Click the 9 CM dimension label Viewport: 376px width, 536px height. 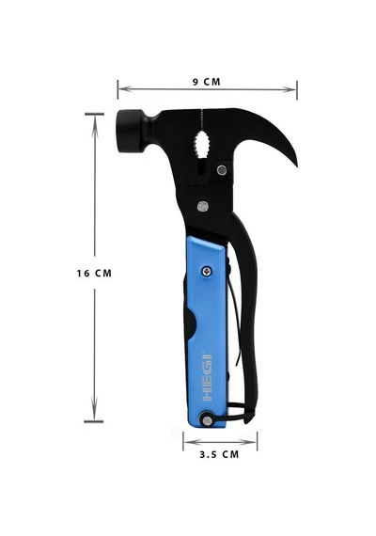click(x=207, y=82)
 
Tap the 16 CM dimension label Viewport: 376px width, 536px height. click(x=94, y=274)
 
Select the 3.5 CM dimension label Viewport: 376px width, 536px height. click(x=219, y=454)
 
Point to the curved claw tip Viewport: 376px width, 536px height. click(x=295, y=165)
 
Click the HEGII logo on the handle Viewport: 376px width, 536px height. click(x=208, y=376)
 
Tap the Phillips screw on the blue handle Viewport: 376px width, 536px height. click(x=207, y=272)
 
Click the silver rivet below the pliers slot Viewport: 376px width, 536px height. click(x=203, y=206)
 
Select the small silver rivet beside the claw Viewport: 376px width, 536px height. click(x=222, y=169)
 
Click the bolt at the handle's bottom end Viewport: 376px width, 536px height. click(x=207, y=419)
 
